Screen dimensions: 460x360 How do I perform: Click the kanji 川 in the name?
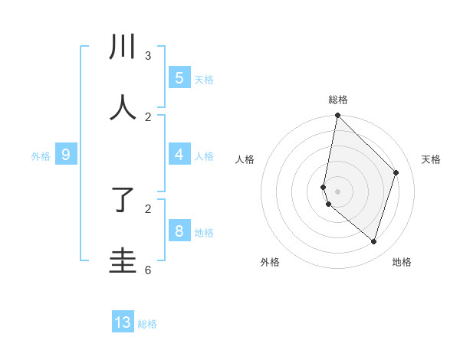pyautogui.click(x=123, y=47)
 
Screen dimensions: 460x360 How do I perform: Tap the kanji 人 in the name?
pyautogui.click(x=123, y=108)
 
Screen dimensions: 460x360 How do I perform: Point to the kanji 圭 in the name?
pyautogui.click(x=123, y=260)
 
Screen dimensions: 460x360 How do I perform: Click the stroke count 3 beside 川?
pyautogui.click(x=148, y=56)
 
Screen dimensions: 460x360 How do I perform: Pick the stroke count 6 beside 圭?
pyautogui.click(x=148, y=270)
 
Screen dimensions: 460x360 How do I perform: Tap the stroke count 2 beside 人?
pyautogui.click(x=148, y=117)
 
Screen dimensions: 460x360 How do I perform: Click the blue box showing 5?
pyautogui.click(x=179, y=78)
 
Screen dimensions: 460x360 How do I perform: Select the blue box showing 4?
pyautogui.click(x=179, y=155)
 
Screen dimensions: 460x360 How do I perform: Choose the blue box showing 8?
pyautogui.click(x=179, y=231)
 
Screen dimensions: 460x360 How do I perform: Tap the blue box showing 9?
pyautogui.click(x=66, y=155)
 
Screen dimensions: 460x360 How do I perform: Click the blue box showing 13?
pyautogui.click(x=123, y=322)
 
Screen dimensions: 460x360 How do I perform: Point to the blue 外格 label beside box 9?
pyautogui.click(x=41, y=156)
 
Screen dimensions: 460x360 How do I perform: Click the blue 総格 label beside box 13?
pyautogui.click(x=147, y=324)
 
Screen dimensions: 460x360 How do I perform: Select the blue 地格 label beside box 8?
pyautogui.click(x=204, y=232)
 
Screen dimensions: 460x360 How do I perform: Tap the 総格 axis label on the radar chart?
pyautogui.click(x=337, y=100)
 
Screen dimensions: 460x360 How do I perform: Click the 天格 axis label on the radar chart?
pyautogui.click(x=431, y=159)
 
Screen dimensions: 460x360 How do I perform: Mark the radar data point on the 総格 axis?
pyautogui.click(x=337, y=115)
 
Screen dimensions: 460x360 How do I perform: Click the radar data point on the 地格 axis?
pyautogui.click(x=373, y=241)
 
